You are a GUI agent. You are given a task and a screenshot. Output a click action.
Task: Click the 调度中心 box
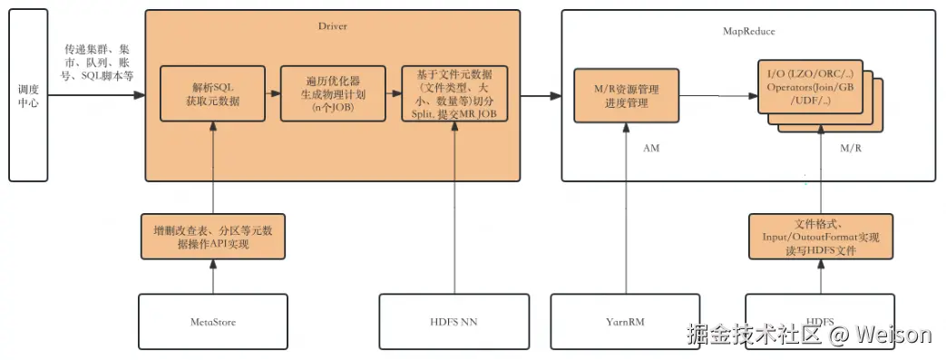pos(27,94)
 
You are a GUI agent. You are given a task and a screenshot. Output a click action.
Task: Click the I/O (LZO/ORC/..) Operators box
pos(809,87)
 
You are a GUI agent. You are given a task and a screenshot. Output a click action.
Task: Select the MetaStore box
pos(212,321)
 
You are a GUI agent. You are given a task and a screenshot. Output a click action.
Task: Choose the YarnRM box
pos(626,321)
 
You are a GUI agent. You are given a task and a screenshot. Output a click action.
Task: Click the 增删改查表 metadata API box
pos(212,237)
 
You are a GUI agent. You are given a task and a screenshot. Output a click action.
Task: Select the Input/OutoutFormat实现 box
pos(820,237)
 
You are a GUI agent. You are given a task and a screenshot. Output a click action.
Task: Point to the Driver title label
pos(332,26)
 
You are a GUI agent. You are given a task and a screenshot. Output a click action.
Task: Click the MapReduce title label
pos(748,31)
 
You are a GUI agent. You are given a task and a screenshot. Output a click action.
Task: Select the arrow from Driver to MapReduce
pos(541,95)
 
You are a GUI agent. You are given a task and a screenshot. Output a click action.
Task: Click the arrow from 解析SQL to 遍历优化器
pos(273,94)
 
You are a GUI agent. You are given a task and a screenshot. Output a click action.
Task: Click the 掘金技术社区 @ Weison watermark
pos(809,335)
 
